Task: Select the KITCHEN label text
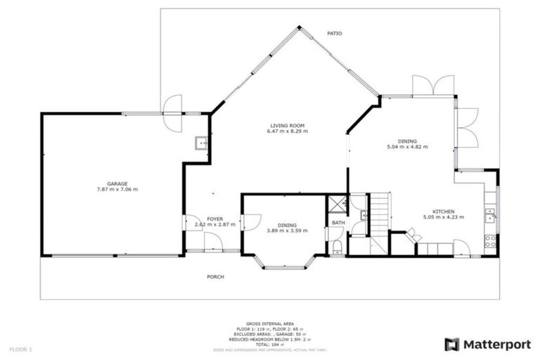(x=443, y=212)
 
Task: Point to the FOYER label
(x=214, y=219)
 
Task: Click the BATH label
(x=337, y=224)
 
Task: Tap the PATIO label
(x=335, y=33)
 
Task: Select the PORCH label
(x=215, y=277)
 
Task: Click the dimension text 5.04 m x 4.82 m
(x=407, y=147)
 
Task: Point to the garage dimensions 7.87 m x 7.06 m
(x=117, y=190)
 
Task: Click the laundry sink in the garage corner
(x=202, y=143)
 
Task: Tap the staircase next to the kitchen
(x=380, y=211)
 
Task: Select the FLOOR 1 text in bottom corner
(x=21, y=349)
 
